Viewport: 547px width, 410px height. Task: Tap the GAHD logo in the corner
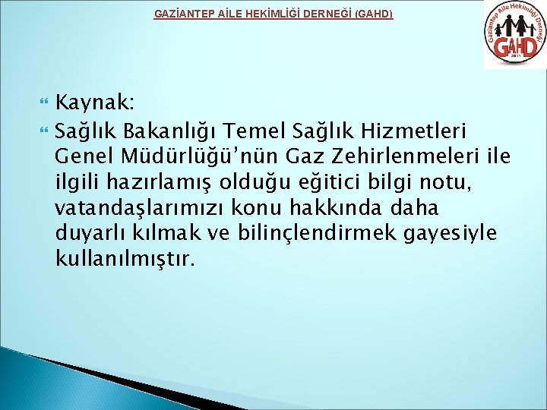514,35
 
